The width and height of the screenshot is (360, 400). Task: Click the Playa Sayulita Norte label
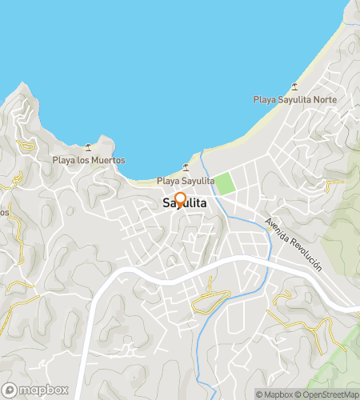294,100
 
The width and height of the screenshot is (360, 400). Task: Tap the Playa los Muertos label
89,160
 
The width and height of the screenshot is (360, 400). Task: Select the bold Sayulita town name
184,204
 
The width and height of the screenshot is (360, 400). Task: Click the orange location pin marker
180,198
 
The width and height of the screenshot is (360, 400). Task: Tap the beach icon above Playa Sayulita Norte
295,86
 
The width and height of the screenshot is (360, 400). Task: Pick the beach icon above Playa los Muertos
88,147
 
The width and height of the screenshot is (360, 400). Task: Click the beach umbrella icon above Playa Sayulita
186,167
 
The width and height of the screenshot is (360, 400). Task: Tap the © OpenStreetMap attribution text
327,394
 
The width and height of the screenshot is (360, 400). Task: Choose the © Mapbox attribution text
274,394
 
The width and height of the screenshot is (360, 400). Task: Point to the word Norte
325,100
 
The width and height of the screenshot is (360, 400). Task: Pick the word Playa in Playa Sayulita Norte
264,100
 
